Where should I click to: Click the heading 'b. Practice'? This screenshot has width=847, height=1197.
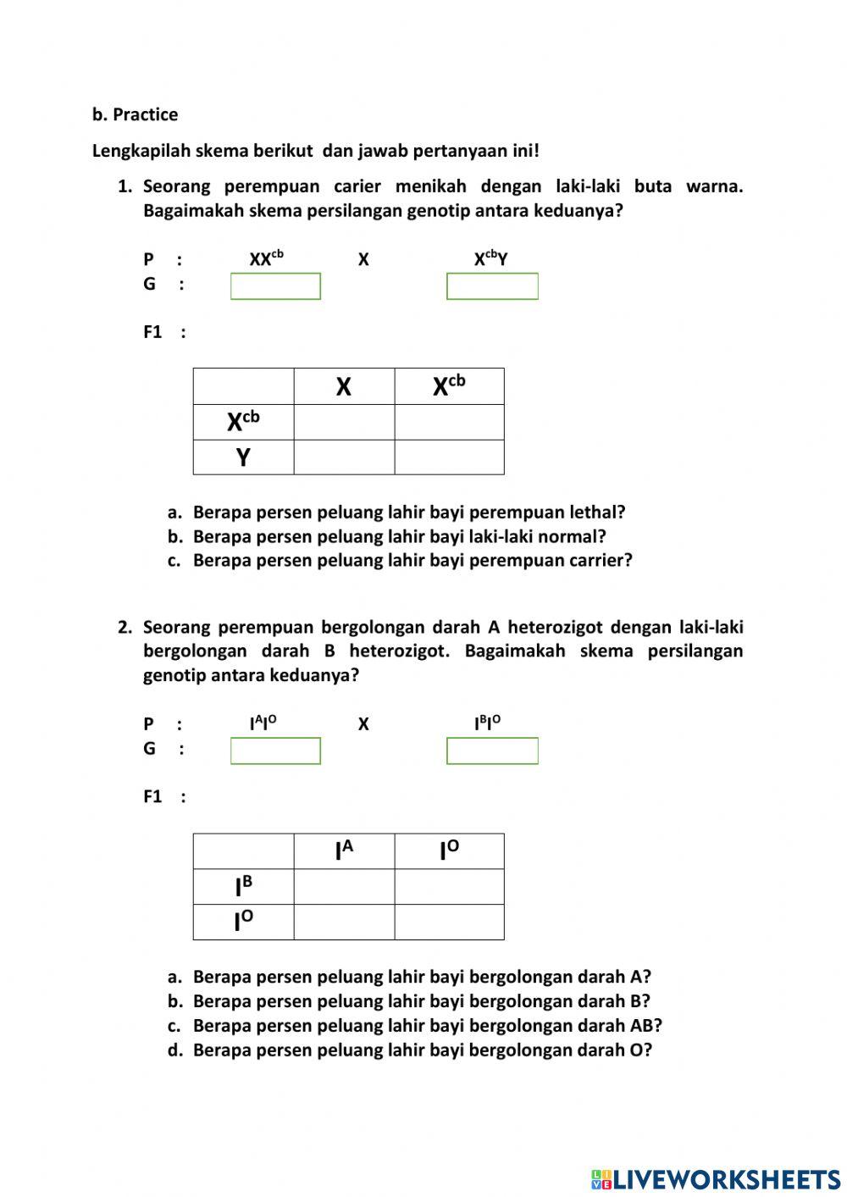[x=135, y=114]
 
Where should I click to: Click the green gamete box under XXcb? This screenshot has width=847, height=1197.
[x=275, y=286]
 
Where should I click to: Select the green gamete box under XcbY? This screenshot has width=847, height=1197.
[x=492, y=286]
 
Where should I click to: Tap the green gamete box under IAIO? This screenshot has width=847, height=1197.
[x=275, y=751]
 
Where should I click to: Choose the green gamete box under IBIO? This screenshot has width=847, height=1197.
[x=492, y=751]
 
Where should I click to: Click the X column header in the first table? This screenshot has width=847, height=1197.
[x=343, y=386]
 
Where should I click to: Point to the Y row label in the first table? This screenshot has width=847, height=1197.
[x=243, y=457]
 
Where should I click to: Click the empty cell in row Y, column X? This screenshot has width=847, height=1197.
[x=343, y=457]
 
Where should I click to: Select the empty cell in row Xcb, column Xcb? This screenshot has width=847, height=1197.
[x=449, y=422]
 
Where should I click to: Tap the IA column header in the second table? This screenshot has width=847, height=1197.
[x=343, y=851]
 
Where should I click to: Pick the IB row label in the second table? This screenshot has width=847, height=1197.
[x=243, y=886]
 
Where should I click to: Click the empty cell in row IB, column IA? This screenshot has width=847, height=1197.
[x=343, y=886]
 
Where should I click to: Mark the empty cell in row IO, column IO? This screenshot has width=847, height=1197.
[x=449, y=922]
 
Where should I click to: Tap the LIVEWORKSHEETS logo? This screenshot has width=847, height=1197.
[x=716, y=1179]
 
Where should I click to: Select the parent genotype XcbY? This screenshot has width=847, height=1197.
[x=490, y=258]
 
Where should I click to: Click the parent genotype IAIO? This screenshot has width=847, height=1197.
[x=263, y=723]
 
